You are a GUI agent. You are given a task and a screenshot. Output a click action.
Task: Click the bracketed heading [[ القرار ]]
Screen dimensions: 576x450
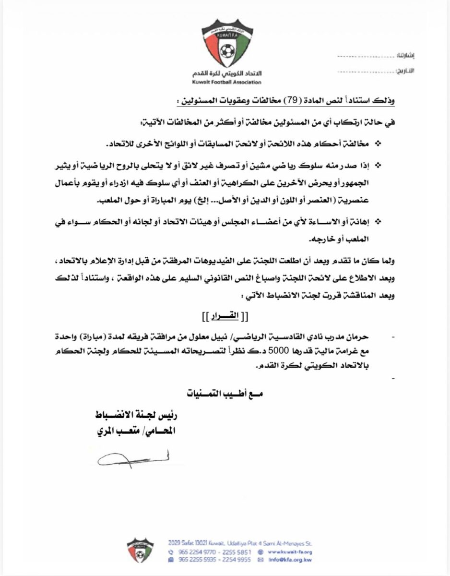click(x=225, y=317)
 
